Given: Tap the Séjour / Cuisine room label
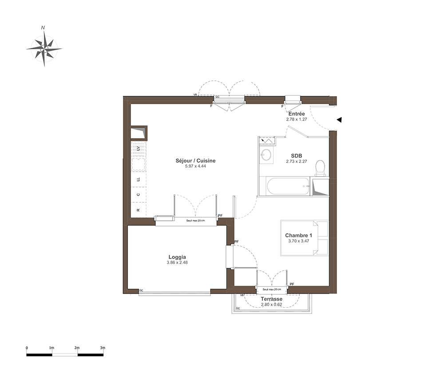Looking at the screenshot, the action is (x=195, y=161).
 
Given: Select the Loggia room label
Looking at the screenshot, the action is (x=177, y=257).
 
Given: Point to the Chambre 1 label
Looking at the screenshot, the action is (x=298, y=235).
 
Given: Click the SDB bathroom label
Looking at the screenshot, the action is (x=297, y=156).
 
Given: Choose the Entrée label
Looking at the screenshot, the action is (x=297, y=114).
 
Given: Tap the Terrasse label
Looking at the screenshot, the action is (x=272, y=299).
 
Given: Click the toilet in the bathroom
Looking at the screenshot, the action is (x=320, y=168).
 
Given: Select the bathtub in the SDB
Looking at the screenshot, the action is (x=288, y=186).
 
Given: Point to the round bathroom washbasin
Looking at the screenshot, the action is (x=266, y=154).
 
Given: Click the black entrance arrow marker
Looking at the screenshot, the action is (x=339, y=120).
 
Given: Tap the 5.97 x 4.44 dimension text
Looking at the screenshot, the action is (x=195, y=166).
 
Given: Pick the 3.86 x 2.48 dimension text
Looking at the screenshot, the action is (x=177, y=262).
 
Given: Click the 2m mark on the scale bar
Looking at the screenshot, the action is (x=77, y=348).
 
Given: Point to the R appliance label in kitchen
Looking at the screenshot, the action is (x=138, y=210).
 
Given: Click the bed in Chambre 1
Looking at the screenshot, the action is (x=305, y=238).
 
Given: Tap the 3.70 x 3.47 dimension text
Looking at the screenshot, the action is (x=298, y=241).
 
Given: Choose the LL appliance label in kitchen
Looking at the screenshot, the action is (x=138, y=179).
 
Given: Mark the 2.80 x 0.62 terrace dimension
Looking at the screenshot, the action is (x=272, y=305).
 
